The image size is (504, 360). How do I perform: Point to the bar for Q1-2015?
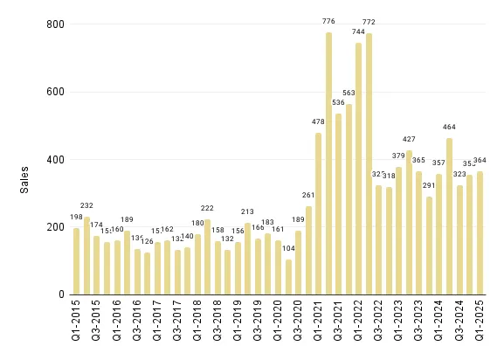coord(76,261)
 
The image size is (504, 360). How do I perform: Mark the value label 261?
coord(308,197)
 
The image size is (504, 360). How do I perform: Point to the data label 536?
coord(339,104)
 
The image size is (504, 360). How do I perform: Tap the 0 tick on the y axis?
coord(59,294)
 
